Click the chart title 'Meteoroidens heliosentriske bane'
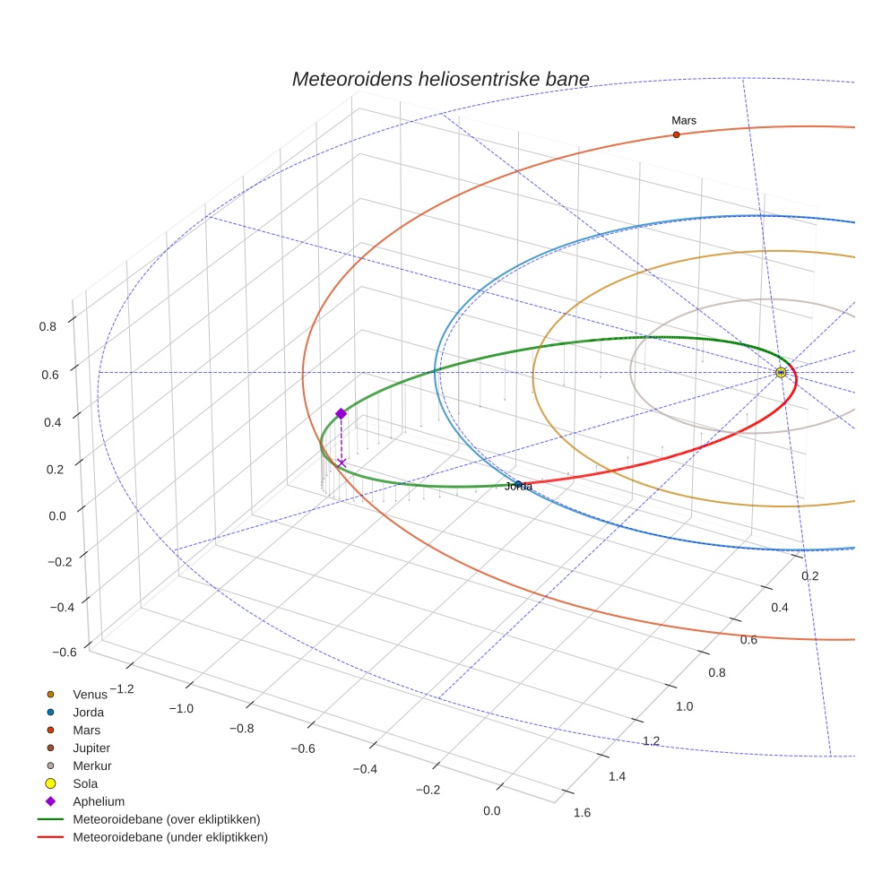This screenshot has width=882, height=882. click(440, 80)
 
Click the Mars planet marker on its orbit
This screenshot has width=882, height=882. click(676, 134)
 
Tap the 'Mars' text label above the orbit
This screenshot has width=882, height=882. click(684, 120)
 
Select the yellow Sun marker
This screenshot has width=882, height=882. click(781, 372)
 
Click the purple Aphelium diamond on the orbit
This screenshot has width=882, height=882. click(341, 413)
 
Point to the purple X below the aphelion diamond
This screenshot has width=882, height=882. click(342, 463)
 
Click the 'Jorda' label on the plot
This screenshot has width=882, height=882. click(519, 487)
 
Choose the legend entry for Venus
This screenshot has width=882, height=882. click(90, 694)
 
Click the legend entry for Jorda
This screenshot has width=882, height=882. click(88, 713)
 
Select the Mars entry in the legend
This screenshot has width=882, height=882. click(86, 731)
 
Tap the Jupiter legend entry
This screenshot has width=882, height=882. click(91, 748)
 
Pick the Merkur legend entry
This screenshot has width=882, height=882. click(91, 765)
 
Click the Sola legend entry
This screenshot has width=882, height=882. click(85, 783)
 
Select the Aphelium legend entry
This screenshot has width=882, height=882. click(98, 801)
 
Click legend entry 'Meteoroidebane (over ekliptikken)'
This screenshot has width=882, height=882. click(166, 819)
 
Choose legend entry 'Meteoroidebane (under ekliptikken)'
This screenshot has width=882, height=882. click(170, 837)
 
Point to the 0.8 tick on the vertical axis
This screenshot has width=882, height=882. click(48, 326)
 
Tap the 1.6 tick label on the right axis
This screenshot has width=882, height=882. click(581, 813)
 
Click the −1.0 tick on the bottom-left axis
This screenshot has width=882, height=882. click(182, 708)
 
